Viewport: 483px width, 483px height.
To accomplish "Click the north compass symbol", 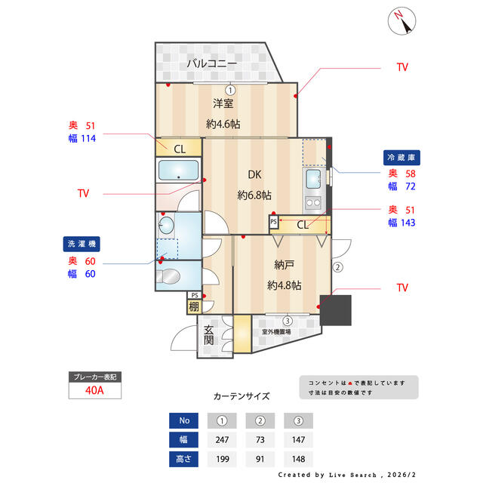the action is tap(401, 21).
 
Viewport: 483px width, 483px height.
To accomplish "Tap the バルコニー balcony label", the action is tap(212, 63).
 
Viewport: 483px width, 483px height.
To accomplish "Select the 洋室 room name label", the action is tap(223, 103).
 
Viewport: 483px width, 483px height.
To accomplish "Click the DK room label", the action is tap(254, 174).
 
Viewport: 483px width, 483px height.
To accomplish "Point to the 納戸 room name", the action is tap(284, 265).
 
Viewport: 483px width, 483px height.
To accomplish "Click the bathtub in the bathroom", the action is tap(178, 170).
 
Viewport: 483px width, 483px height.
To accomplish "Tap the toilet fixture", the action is tap(168, 275).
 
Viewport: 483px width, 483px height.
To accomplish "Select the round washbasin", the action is tap(166, 225).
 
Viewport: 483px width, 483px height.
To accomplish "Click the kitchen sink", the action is tap(313, 179).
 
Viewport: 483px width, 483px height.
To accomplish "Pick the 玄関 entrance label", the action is tap(208, 335).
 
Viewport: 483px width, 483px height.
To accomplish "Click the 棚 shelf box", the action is tap(194, 307).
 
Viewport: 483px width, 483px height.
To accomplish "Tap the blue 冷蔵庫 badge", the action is tap(401, 158).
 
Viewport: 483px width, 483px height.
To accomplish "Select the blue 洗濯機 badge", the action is tap(82, 244).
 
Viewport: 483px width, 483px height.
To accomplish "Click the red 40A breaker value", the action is tap(94, 390).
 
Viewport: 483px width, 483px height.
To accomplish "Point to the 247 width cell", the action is tap(222, 439).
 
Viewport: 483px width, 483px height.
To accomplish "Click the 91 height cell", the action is tap(260, 459).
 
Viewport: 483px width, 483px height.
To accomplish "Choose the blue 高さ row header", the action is tap(183, 459).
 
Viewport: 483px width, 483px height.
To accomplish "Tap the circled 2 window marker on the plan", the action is tap(337, 267).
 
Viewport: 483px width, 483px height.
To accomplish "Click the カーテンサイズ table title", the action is tap(241, 396).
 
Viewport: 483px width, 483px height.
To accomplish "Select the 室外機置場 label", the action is tap(276, 332).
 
